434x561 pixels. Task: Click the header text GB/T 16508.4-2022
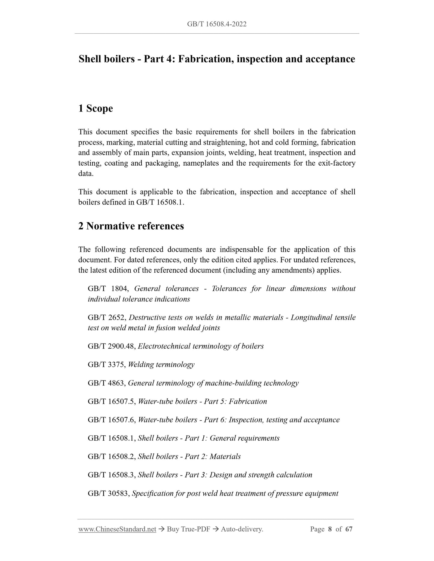[x=217, y=24]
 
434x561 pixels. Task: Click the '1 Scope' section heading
[x=96, y=108]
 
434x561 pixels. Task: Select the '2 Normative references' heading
[x=131, y=226]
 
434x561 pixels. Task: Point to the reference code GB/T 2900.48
[x=112, y=346]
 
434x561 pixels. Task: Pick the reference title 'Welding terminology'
[x=161, y=364]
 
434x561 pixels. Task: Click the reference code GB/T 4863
[x=107, y=383]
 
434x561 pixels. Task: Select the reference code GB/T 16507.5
[x=112, y=401]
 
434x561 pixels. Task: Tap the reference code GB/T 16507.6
[x=112, y=420]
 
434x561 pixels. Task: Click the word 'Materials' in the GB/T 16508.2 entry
[x=225, y=457]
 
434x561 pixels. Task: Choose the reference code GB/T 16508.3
[x=112, y=475]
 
